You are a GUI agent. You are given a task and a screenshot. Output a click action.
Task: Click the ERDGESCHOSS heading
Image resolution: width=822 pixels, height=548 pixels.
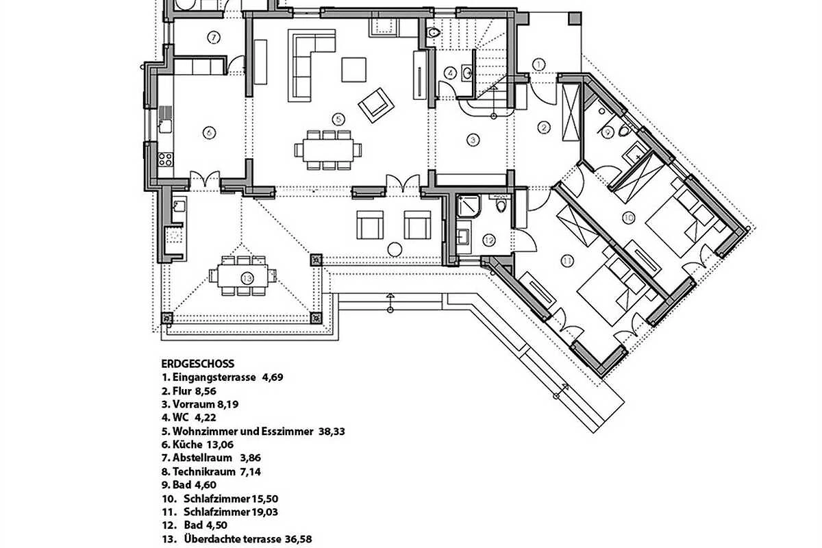point(198,364)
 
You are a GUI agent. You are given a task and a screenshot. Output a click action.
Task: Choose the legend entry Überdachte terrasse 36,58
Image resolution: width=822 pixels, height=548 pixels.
point(240,539)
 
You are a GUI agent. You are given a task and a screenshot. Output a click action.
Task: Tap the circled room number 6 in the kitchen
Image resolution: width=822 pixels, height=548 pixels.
point(210,132)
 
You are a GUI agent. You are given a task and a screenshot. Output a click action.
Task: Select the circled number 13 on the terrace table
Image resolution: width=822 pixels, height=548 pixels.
point(247,277)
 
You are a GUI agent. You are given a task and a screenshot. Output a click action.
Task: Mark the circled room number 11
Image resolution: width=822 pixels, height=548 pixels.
point(566,260)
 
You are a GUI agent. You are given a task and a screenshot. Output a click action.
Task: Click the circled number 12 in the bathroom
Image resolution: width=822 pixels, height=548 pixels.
point(488,240)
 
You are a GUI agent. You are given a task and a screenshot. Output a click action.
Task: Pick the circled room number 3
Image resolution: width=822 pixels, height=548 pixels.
point(473,140)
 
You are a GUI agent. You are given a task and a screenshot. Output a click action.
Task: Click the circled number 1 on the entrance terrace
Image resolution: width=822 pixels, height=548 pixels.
point(538,64)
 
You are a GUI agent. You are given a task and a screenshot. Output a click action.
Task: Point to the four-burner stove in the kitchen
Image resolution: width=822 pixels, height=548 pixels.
point(165,160)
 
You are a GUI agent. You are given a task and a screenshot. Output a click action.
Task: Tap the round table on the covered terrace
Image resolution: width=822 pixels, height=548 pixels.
point(395,248)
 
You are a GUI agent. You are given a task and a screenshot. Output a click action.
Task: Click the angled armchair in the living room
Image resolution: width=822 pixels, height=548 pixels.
point(376,104)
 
